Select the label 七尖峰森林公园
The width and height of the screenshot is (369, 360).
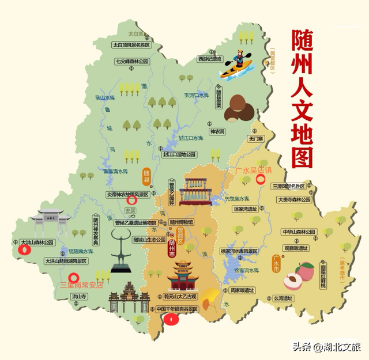(131, 61)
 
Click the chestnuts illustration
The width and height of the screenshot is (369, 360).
(238, 108)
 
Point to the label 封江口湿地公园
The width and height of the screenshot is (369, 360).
(179, 154)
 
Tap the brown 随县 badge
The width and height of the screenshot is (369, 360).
(146, 174)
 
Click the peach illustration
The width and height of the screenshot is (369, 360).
(298, 276)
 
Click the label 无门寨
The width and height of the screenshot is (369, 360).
(255, 139)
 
